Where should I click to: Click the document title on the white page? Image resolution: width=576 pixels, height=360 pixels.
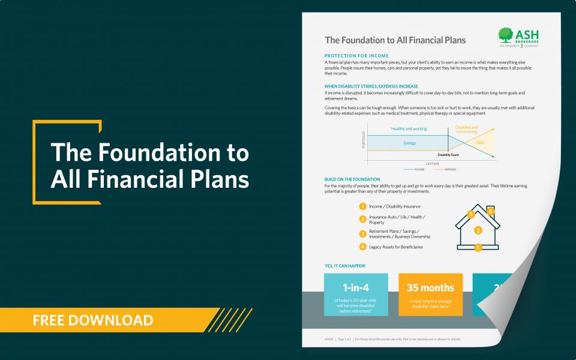pyautogui.click(x=395, y=40)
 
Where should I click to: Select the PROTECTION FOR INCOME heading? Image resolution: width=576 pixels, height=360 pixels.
pyautogui.click(x=356, y=56)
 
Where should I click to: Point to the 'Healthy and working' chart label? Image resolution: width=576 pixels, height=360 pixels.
pyautogui.click(x=409, y=128)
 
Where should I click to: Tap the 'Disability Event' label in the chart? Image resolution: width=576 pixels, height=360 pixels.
pyautogui.click(x=448, y=155)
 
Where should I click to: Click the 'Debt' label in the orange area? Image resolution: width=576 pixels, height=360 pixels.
pyautogui.click(x=480, y=143)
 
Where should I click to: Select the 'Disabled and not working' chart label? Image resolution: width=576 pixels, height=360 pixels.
pyautogui.click(x=467, y=129)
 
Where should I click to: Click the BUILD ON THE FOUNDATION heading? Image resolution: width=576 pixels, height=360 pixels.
pyautogui.click(x=352, y=179)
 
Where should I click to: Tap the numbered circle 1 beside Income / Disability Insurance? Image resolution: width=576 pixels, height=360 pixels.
pyautogui.click(x=362, y=206)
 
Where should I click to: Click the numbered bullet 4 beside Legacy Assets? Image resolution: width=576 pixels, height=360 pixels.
pyautogui.click(x=362, y=247)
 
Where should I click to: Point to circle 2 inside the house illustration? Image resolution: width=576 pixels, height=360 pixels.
pyautogui.click(x=478, y=230)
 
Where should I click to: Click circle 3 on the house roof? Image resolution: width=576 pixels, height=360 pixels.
pyautogui.click(x=471, y=214)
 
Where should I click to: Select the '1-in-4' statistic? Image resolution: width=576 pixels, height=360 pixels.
pyautogui.click(x=356, y=287)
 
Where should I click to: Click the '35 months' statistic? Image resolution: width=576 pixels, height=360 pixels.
pyautogui.click(x=430, y=287)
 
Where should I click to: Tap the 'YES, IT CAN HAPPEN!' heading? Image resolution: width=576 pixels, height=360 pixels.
pyautogui.click(x=344, y=265)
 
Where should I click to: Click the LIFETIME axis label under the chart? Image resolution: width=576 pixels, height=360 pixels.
pyautogui.click(x=433, y=163)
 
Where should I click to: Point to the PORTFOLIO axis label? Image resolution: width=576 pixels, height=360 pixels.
pyautogui.click(x=364, y=139)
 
